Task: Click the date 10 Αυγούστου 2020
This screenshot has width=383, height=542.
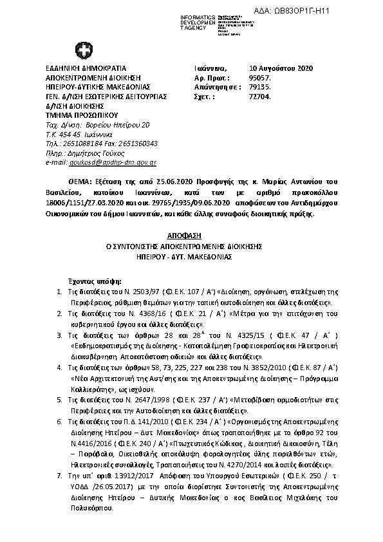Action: click(281, 68)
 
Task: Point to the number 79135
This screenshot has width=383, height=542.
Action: click(259, 87)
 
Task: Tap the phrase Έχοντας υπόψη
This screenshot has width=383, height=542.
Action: click(93, 282)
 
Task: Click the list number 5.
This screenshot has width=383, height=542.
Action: click(59, 400)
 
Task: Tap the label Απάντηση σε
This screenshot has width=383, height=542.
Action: click(213, 87)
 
